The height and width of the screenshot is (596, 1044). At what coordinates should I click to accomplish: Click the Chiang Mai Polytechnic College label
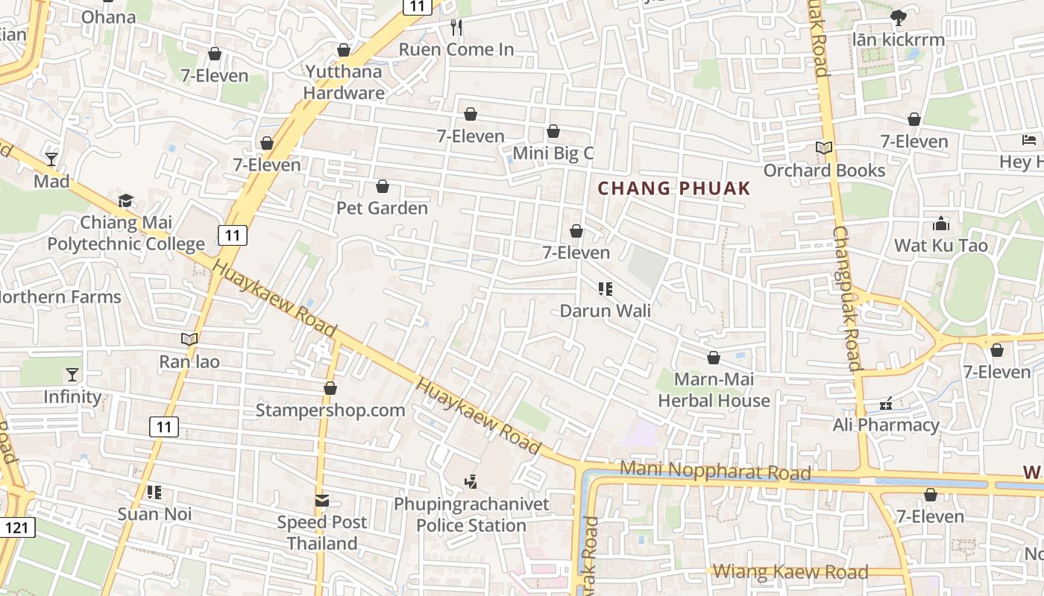(126, 233)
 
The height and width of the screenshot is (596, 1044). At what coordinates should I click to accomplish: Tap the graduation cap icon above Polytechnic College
(126, 201)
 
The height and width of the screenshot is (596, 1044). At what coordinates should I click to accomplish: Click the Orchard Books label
(824, 171)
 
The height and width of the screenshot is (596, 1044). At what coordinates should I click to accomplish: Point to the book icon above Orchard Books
(824, 148)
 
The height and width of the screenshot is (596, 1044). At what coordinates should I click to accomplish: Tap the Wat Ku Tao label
(940, 246)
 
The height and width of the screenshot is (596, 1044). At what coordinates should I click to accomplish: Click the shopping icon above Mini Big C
(553, 132)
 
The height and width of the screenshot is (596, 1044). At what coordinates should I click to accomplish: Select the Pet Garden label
(383, 208)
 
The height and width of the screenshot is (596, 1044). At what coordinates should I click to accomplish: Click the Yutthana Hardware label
(344, 83)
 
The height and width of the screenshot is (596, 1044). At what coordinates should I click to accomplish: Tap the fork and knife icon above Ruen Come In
(456, 28)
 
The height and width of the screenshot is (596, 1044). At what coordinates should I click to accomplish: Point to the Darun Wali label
(605, 311)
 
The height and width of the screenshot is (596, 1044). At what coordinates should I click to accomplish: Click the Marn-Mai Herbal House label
(714, 390)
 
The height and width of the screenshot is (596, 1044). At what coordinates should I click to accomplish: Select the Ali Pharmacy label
(886, 425)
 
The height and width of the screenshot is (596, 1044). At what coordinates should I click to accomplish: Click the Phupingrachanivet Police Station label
(471, 515)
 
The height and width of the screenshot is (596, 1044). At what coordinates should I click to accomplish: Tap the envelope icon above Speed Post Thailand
(322, 501)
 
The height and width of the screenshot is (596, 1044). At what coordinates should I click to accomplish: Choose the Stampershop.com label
(330, 410)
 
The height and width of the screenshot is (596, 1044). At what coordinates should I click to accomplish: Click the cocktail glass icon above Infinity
(72, 375)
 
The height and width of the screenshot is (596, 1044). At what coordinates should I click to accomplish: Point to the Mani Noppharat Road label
(715, 471)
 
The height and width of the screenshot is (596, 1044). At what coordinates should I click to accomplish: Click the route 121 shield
(16, 527)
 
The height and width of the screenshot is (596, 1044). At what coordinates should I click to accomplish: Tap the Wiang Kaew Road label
(790, 572)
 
